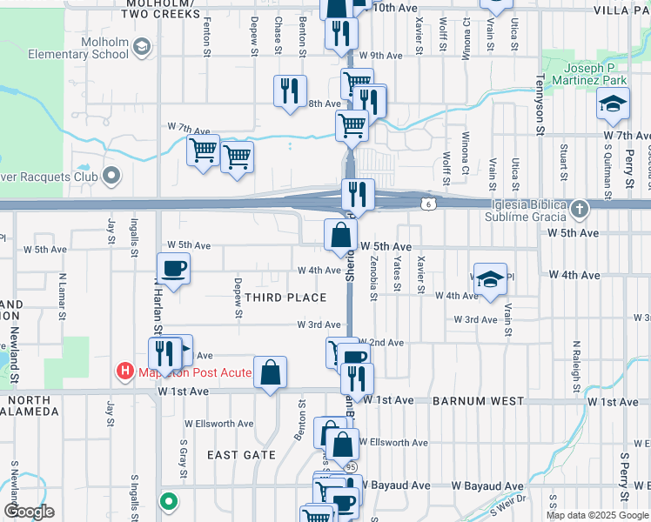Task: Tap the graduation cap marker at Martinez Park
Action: click(613, 104)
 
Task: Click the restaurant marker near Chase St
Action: click(289, 90)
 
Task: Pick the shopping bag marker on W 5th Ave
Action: click(339, 234)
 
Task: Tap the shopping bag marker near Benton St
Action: click(271, 371)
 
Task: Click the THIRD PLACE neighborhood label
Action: click(285, 298)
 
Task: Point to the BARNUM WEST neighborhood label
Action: click(478, 401)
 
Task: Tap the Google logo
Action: click(29, 512)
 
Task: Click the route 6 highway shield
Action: click(429, 204)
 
